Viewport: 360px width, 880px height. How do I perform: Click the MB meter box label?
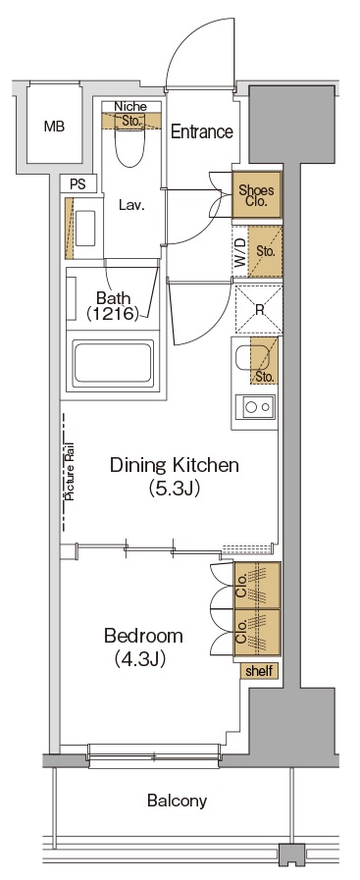(54, 127)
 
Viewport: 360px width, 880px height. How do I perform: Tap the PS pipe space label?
(78, 183)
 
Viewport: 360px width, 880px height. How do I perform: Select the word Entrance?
(202, 131)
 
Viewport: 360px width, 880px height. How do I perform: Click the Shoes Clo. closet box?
(257, 195)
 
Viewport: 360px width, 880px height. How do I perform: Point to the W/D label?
(240, 252)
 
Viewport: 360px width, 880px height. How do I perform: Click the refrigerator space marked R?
(258, 309)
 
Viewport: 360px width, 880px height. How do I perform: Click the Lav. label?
(131, 205)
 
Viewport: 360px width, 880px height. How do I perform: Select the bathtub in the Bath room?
(112, 363)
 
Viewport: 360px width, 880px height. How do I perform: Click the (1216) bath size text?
(113, 313)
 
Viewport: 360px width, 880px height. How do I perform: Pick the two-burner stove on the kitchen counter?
(255, 405)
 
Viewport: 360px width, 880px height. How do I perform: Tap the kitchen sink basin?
(246, 358)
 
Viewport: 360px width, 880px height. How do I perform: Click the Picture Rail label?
(71, 472)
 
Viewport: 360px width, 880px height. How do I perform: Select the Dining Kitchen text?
(175, 465)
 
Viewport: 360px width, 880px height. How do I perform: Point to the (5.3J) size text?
(175, 489)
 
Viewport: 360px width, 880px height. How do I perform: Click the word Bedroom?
(143, 637)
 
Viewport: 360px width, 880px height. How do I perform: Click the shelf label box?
(259, 671)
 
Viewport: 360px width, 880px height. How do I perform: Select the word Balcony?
(178, 801)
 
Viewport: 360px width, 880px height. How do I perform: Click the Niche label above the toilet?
(130, 107)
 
